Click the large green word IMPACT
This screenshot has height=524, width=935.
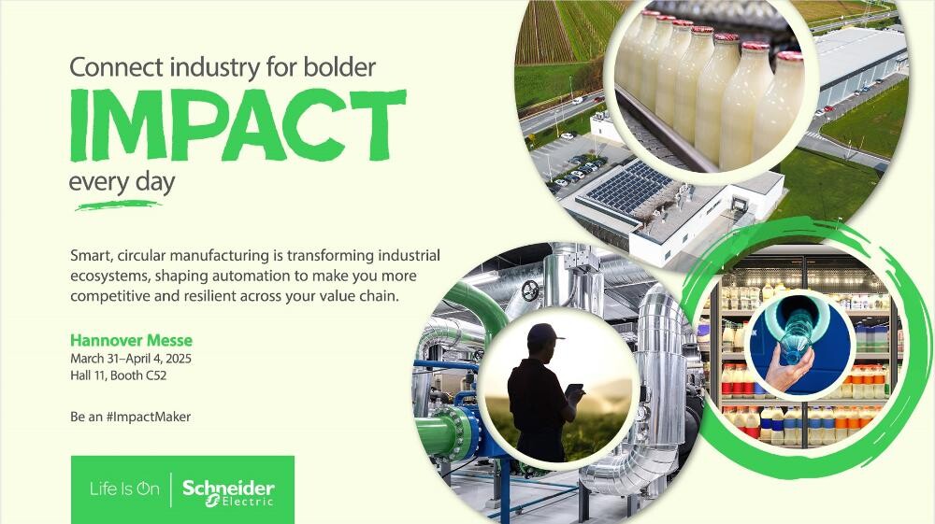click(x=238, y=125)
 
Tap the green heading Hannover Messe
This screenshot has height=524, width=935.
click(x=131, y=341)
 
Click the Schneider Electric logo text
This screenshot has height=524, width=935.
click(x=228, y=493)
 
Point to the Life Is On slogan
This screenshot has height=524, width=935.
click(x=124, y=489)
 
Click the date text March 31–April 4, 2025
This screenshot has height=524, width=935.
click(x=131, y=359)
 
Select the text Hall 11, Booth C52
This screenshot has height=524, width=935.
click(x=118, y=375)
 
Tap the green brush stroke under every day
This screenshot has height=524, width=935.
click(x=118, y=206)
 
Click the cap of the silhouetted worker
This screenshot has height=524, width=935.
click(x=544, y=333)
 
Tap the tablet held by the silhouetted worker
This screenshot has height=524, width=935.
click(x=575, y=391)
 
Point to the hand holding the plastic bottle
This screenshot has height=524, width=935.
click(x=787, y=367)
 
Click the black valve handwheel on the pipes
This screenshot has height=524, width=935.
click(x=529, y=290)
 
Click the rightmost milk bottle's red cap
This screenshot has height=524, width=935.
click(x=789, y=57)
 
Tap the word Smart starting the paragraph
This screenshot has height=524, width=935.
click(x=92, y=256)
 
